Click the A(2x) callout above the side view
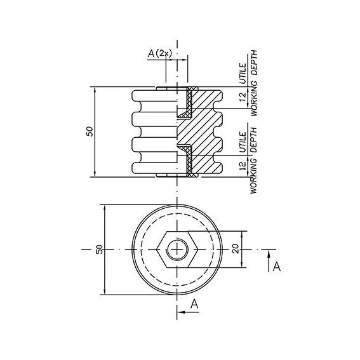coord(159,53)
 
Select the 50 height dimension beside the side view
coord(90,131)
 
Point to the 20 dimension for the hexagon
coord(236,248)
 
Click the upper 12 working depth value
coord(243,98)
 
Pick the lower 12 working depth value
coord(243,166)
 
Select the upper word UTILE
coord(243,73)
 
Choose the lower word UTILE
coord(243,142)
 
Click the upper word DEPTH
coord(254,63)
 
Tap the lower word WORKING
coord(254,177)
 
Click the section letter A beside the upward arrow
coord(277,267)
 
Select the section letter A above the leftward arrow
coord(194,304)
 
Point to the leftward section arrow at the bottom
coord(189,312)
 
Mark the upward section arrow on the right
coord(269,262)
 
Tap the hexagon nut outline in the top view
coord(177,232)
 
